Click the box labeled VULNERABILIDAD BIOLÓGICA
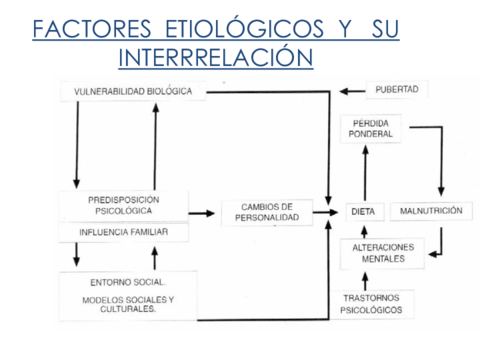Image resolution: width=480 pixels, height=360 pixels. [x=139, y=92]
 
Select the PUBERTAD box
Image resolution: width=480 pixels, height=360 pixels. [x=396, y=90]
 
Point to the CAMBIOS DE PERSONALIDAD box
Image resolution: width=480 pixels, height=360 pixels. [x=267, y=212]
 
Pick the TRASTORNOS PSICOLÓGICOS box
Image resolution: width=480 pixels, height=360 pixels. [x=371, y=304]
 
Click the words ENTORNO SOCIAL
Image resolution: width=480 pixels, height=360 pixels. [x=127, y=281]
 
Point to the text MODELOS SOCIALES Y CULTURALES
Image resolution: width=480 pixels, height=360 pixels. [x=127, y=304]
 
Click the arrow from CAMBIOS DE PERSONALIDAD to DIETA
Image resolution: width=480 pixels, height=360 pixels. [x=321, y=212]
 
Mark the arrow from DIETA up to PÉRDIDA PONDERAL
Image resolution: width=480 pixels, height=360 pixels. [x=364, y=172]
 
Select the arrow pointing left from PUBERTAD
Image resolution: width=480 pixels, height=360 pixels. [x=351, y=91]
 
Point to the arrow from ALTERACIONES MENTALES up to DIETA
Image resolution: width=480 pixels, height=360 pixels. [x=364, y=229]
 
